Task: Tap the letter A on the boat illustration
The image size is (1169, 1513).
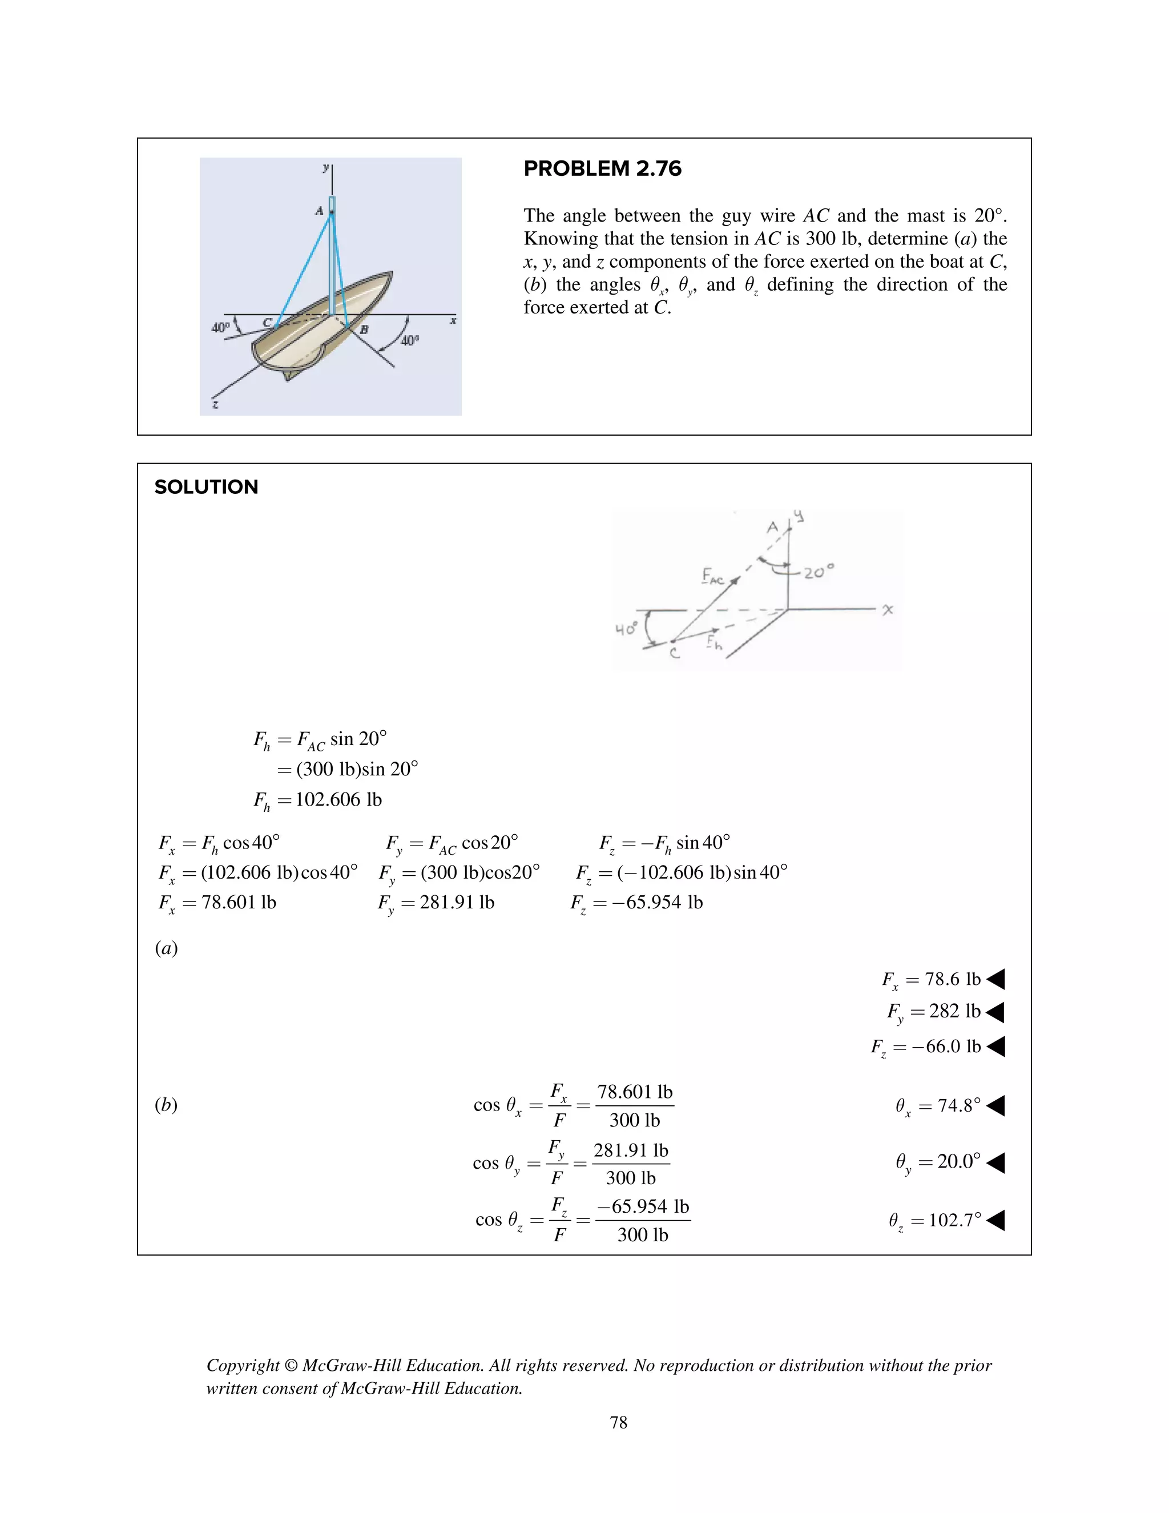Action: (x=319, y=211)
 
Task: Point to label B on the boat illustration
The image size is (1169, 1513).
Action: (x=364, y=330)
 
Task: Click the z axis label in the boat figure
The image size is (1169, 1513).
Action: (x=215, y=404)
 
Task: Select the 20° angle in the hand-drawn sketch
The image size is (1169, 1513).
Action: (x=819, y=572)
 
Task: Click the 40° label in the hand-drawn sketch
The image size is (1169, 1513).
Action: (x=626, y=629)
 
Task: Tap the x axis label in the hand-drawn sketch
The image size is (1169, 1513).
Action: (x=888, y=609)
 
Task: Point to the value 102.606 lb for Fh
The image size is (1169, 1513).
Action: (x=338, y=799)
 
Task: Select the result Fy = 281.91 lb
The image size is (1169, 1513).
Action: (x=436, y=902)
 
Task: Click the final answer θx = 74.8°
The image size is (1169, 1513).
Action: (x=938, y=1106)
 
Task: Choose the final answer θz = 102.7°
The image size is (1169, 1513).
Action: (x=934, y=1220)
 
